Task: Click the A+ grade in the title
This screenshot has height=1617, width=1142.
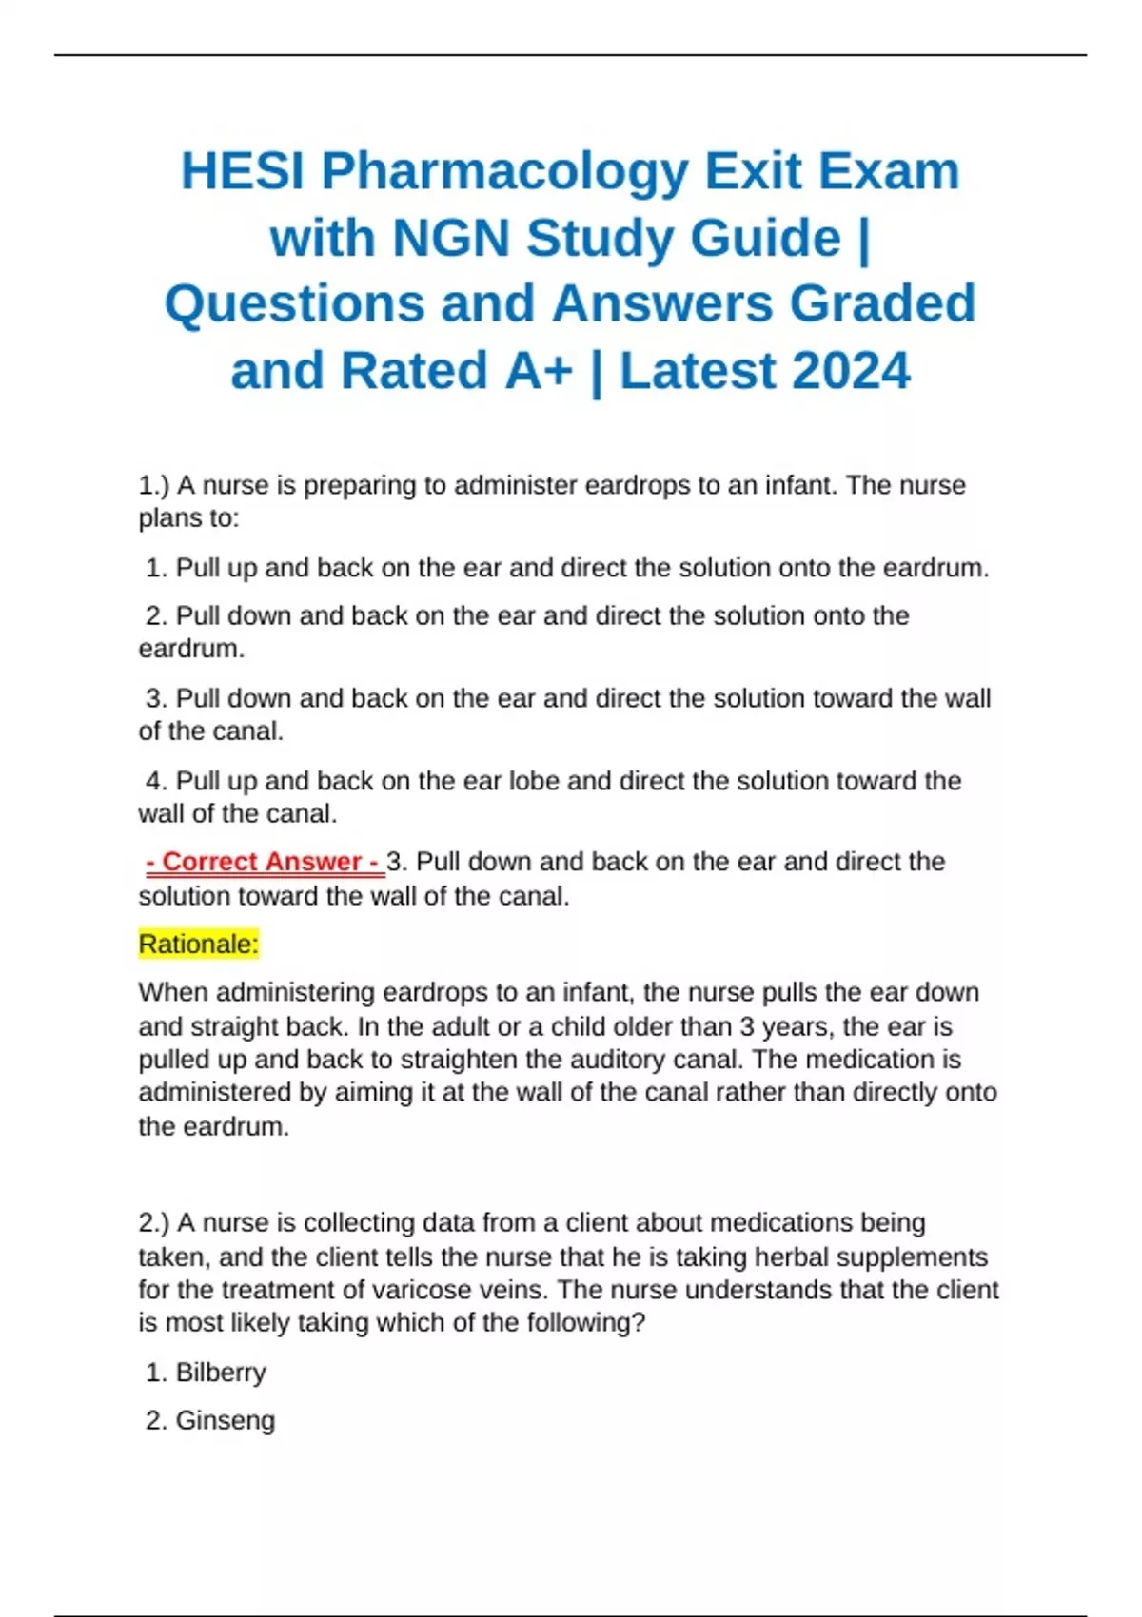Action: point(539,371)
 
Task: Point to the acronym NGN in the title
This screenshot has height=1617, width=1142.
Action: point(451,238)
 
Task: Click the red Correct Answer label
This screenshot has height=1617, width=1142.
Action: point(264,862)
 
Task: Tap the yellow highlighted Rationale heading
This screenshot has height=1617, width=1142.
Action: point(198,945)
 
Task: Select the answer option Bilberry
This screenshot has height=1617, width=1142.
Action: point(221,1373)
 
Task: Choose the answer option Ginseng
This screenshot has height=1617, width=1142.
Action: point(225,1420)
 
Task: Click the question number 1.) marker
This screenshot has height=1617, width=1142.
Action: point(153,485)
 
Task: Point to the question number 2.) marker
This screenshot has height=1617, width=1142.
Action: point(153,1222)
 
